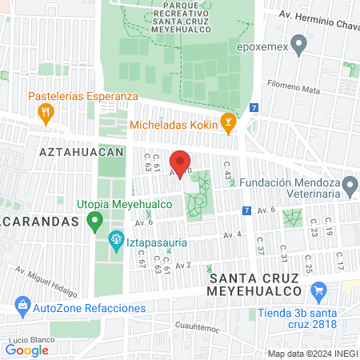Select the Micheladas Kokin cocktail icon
[x=228, y=125]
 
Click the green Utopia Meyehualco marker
[x=94, y=219]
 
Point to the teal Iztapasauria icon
[x=116, y=238]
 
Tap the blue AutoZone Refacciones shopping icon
[x=22, y=307]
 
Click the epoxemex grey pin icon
[x=299, y=45]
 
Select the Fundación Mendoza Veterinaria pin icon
[x=349, y=186]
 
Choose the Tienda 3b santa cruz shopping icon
[x=319, y=290]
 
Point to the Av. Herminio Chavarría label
[x=316, y=17]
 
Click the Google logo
[x=27, y=350]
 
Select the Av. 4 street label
[x=233, y=234]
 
